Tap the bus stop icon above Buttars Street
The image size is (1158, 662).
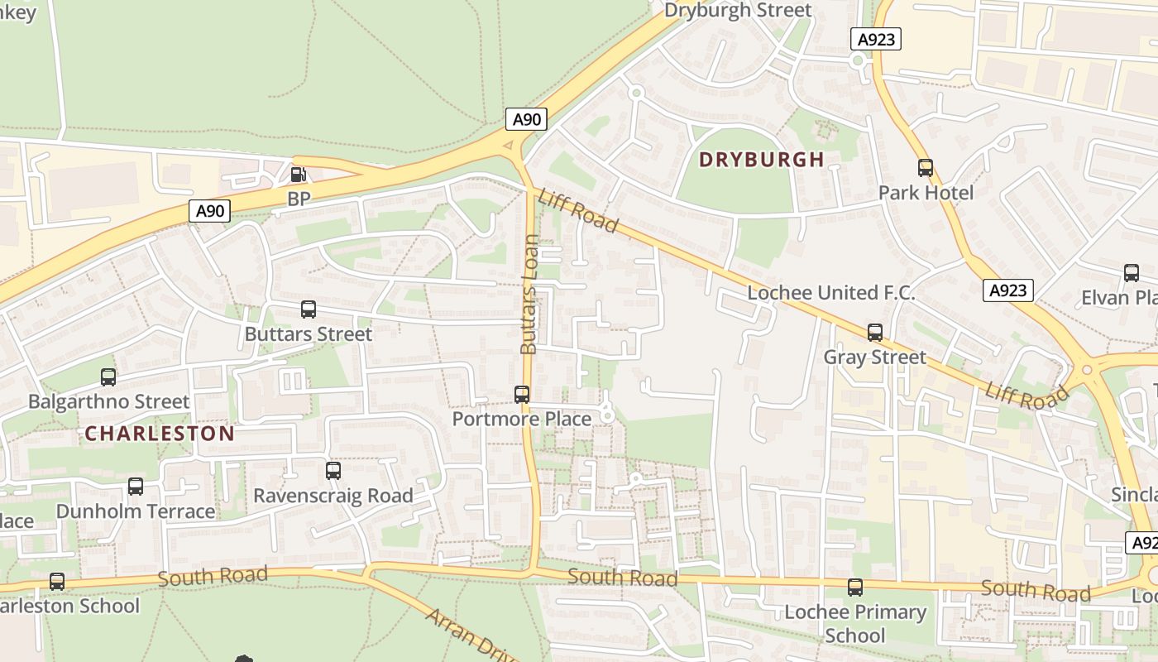click(309, 309)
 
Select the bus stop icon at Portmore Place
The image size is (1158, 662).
click(522, 395)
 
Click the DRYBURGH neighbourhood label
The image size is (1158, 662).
click(762, 160)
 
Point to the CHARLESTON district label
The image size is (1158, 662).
click(160, 434)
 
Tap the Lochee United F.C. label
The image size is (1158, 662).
click(830, 293)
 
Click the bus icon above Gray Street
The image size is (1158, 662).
click(875, 333)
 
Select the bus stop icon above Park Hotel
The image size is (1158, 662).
click(926, 168)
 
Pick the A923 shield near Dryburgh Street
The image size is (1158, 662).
click(875, 39)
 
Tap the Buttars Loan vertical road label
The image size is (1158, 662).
click(529, 295)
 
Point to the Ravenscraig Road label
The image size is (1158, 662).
click(333, 496)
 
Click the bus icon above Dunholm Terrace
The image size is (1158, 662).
click(136, 487)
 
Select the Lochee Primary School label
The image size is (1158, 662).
click(855, 624)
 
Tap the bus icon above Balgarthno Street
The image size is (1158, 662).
click(108, 377)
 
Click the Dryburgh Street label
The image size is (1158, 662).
click(738, 10)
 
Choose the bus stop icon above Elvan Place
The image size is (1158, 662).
click(1131, 273)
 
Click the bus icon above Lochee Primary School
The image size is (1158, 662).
click(855, 588)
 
